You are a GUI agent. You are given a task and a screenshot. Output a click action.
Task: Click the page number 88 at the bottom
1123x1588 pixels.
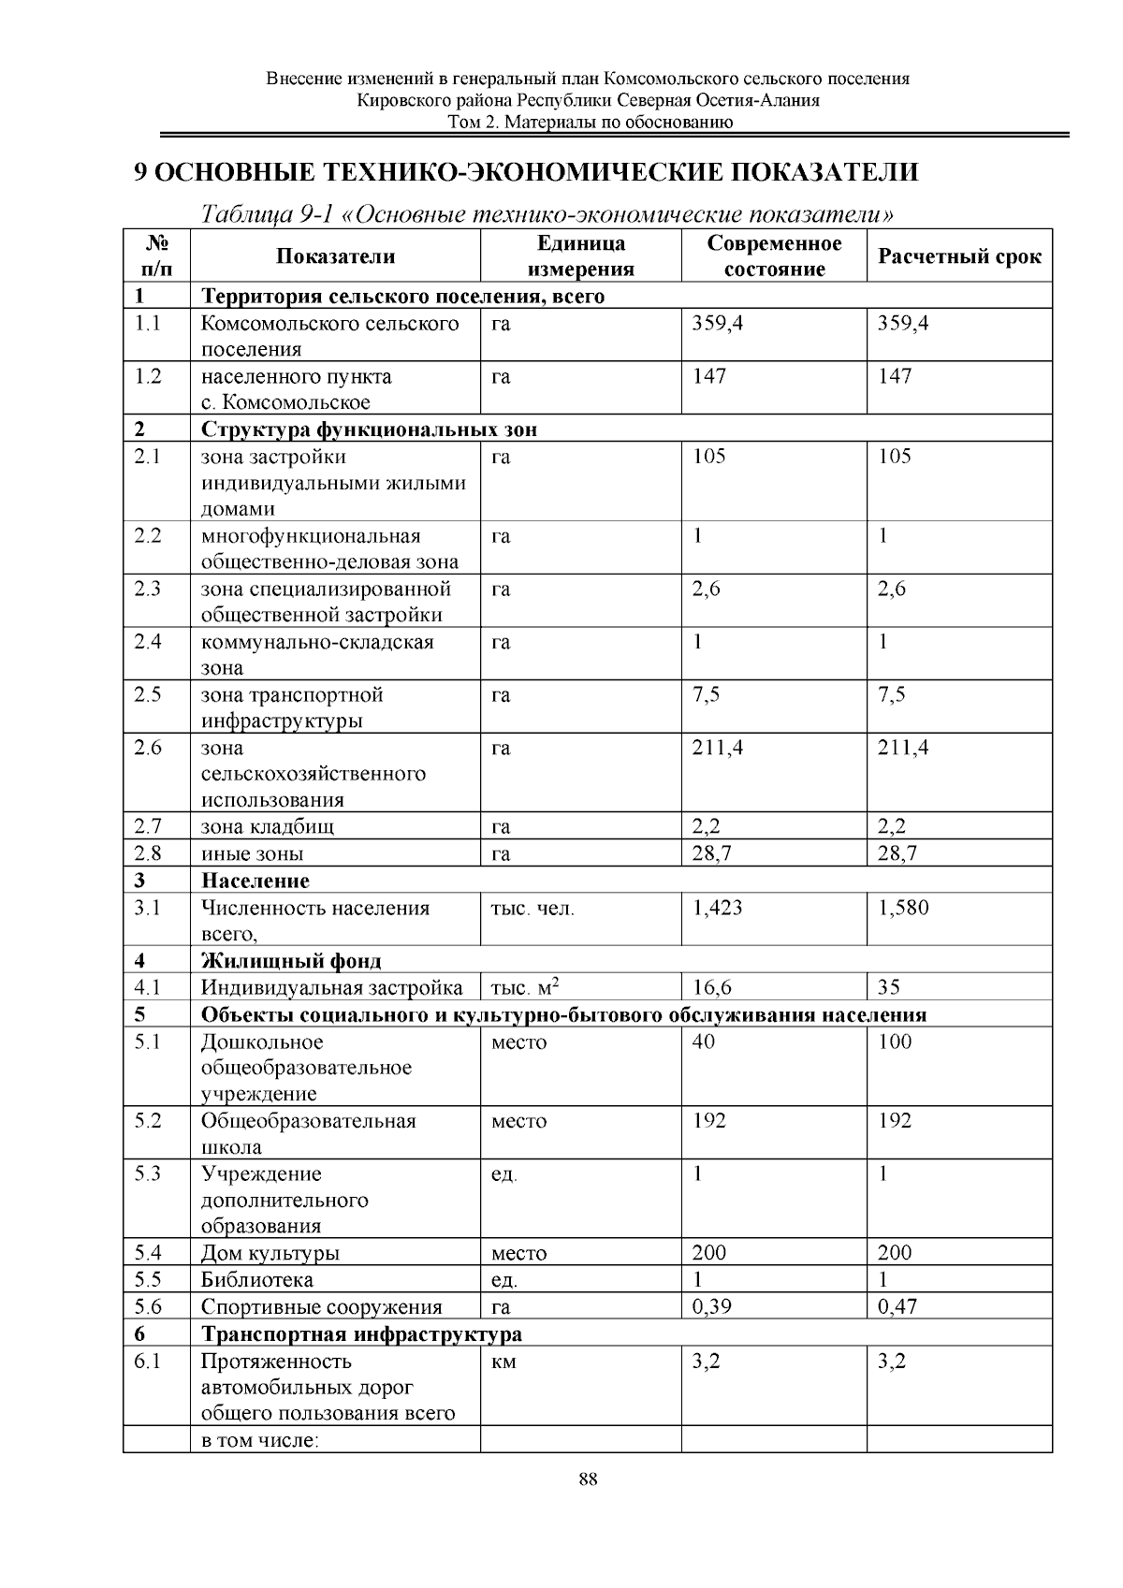point(589,1479)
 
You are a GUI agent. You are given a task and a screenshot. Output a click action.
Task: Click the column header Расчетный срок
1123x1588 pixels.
point(959,256)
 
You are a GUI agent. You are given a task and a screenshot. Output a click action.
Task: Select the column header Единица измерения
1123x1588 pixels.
point(580,256)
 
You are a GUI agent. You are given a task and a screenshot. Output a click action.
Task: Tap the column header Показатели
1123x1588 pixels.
point(336,256)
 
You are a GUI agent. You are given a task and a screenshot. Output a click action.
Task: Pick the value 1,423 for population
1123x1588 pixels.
point(717,908)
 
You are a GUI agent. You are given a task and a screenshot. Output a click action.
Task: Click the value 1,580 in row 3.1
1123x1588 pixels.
point(903,908)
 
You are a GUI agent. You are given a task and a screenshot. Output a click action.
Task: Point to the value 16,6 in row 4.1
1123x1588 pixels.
point(711,987)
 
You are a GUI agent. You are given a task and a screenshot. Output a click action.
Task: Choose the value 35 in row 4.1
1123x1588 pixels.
point(889,987)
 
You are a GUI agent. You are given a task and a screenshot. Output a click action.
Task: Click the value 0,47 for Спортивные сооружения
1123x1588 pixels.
point(897,1307)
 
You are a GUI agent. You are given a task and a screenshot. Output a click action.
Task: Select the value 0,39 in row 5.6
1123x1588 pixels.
point(711,1307)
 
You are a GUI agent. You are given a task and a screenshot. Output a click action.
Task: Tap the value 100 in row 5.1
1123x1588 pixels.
point(895,1042)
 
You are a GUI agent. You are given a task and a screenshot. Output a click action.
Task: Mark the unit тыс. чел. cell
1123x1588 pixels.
point(532,908)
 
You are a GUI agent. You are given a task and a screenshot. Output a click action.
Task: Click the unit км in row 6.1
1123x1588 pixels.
point(503,1362)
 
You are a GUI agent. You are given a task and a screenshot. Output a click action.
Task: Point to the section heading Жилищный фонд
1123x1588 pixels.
point(292,961)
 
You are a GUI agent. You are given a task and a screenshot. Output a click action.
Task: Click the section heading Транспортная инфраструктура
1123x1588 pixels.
point(362,1333)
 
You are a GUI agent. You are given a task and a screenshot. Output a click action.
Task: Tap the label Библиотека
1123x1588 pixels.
point(257,1280)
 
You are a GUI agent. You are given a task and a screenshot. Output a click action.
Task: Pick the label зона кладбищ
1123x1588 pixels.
point(268,827)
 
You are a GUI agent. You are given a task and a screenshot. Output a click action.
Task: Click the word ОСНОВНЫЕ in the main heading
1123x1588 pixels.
point(232,172)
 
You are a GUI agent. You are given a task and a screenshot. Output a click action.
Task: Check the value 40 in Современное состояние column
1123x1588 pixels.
point(704,1042)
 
